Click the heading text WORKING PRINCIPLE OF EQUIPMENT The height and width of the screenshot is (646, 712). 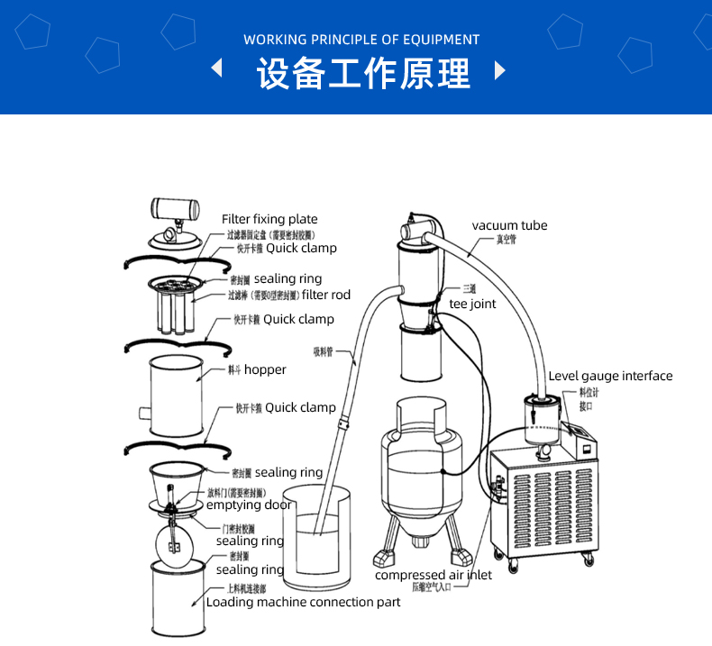(361, 40)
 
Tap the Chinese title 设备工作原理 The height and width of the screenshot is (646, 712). (363, 74)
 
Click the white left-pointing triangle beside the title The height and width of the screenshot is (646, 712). (216, 69)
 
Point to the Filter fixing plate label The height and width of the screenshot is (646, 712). (269, 219)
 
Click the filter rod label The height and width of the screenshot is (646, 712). (326, 295)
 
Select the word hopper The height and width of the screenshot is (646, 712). (265, 369)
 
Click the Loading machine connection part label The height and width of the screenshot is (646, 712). (303, 602)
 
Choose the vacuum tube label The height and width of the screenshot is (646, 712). (509, 225)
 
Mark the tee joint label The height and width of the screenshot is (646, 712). (472, 305)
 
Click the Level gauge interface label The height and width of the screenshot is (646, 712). (610, 376)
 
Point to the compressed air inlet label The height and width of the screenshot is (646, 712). (434, 575)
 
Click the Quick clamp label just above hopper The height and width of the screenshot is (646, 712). (298, 319)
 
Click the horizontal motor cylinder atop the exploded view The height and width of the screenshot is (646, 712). (174, 210)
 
